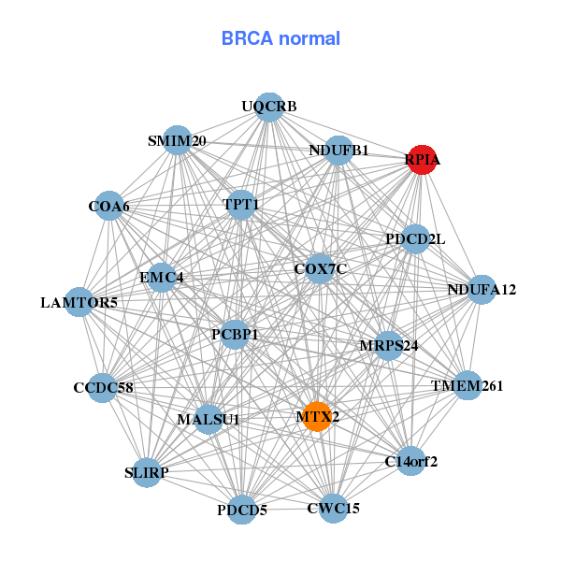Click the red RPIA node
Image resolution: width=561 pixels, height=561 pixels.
422,160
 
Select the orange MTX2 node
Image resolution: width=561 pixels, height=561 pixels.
317,416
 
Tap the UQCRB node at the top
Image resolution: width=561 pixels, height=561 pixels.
269,107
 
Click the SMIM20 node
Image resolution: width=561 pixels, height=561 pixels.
177,141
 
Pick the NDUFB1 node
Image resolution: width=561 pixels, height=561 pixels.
338,150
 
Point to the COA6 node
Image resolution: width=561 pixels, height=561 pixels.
109,206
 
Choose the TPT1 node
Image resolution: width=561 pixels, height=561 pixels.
241,203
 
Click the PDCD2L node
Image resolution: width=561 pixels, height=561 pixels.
415,239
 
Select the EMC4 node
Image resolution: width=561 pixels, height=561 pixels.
162,278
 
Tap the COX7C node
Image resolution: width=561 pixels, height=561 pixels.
320,269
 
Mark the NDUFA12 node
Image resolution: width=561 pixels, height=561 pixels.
482,290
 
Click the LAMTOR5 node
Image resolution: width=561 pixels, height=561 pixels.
79,302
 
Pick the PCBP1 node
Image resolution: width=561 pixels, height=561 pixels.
235,334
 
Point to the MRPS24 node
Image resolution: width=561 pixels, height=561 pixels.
388,346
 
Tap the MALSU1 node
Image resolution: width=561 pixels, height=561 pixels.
209,419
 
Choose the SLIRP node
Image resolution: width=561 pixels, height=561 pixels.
147,472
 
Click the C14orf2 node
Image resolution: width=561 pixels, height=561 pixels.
411,460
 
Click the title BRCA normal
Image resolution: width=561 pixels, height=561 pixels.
280,39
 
